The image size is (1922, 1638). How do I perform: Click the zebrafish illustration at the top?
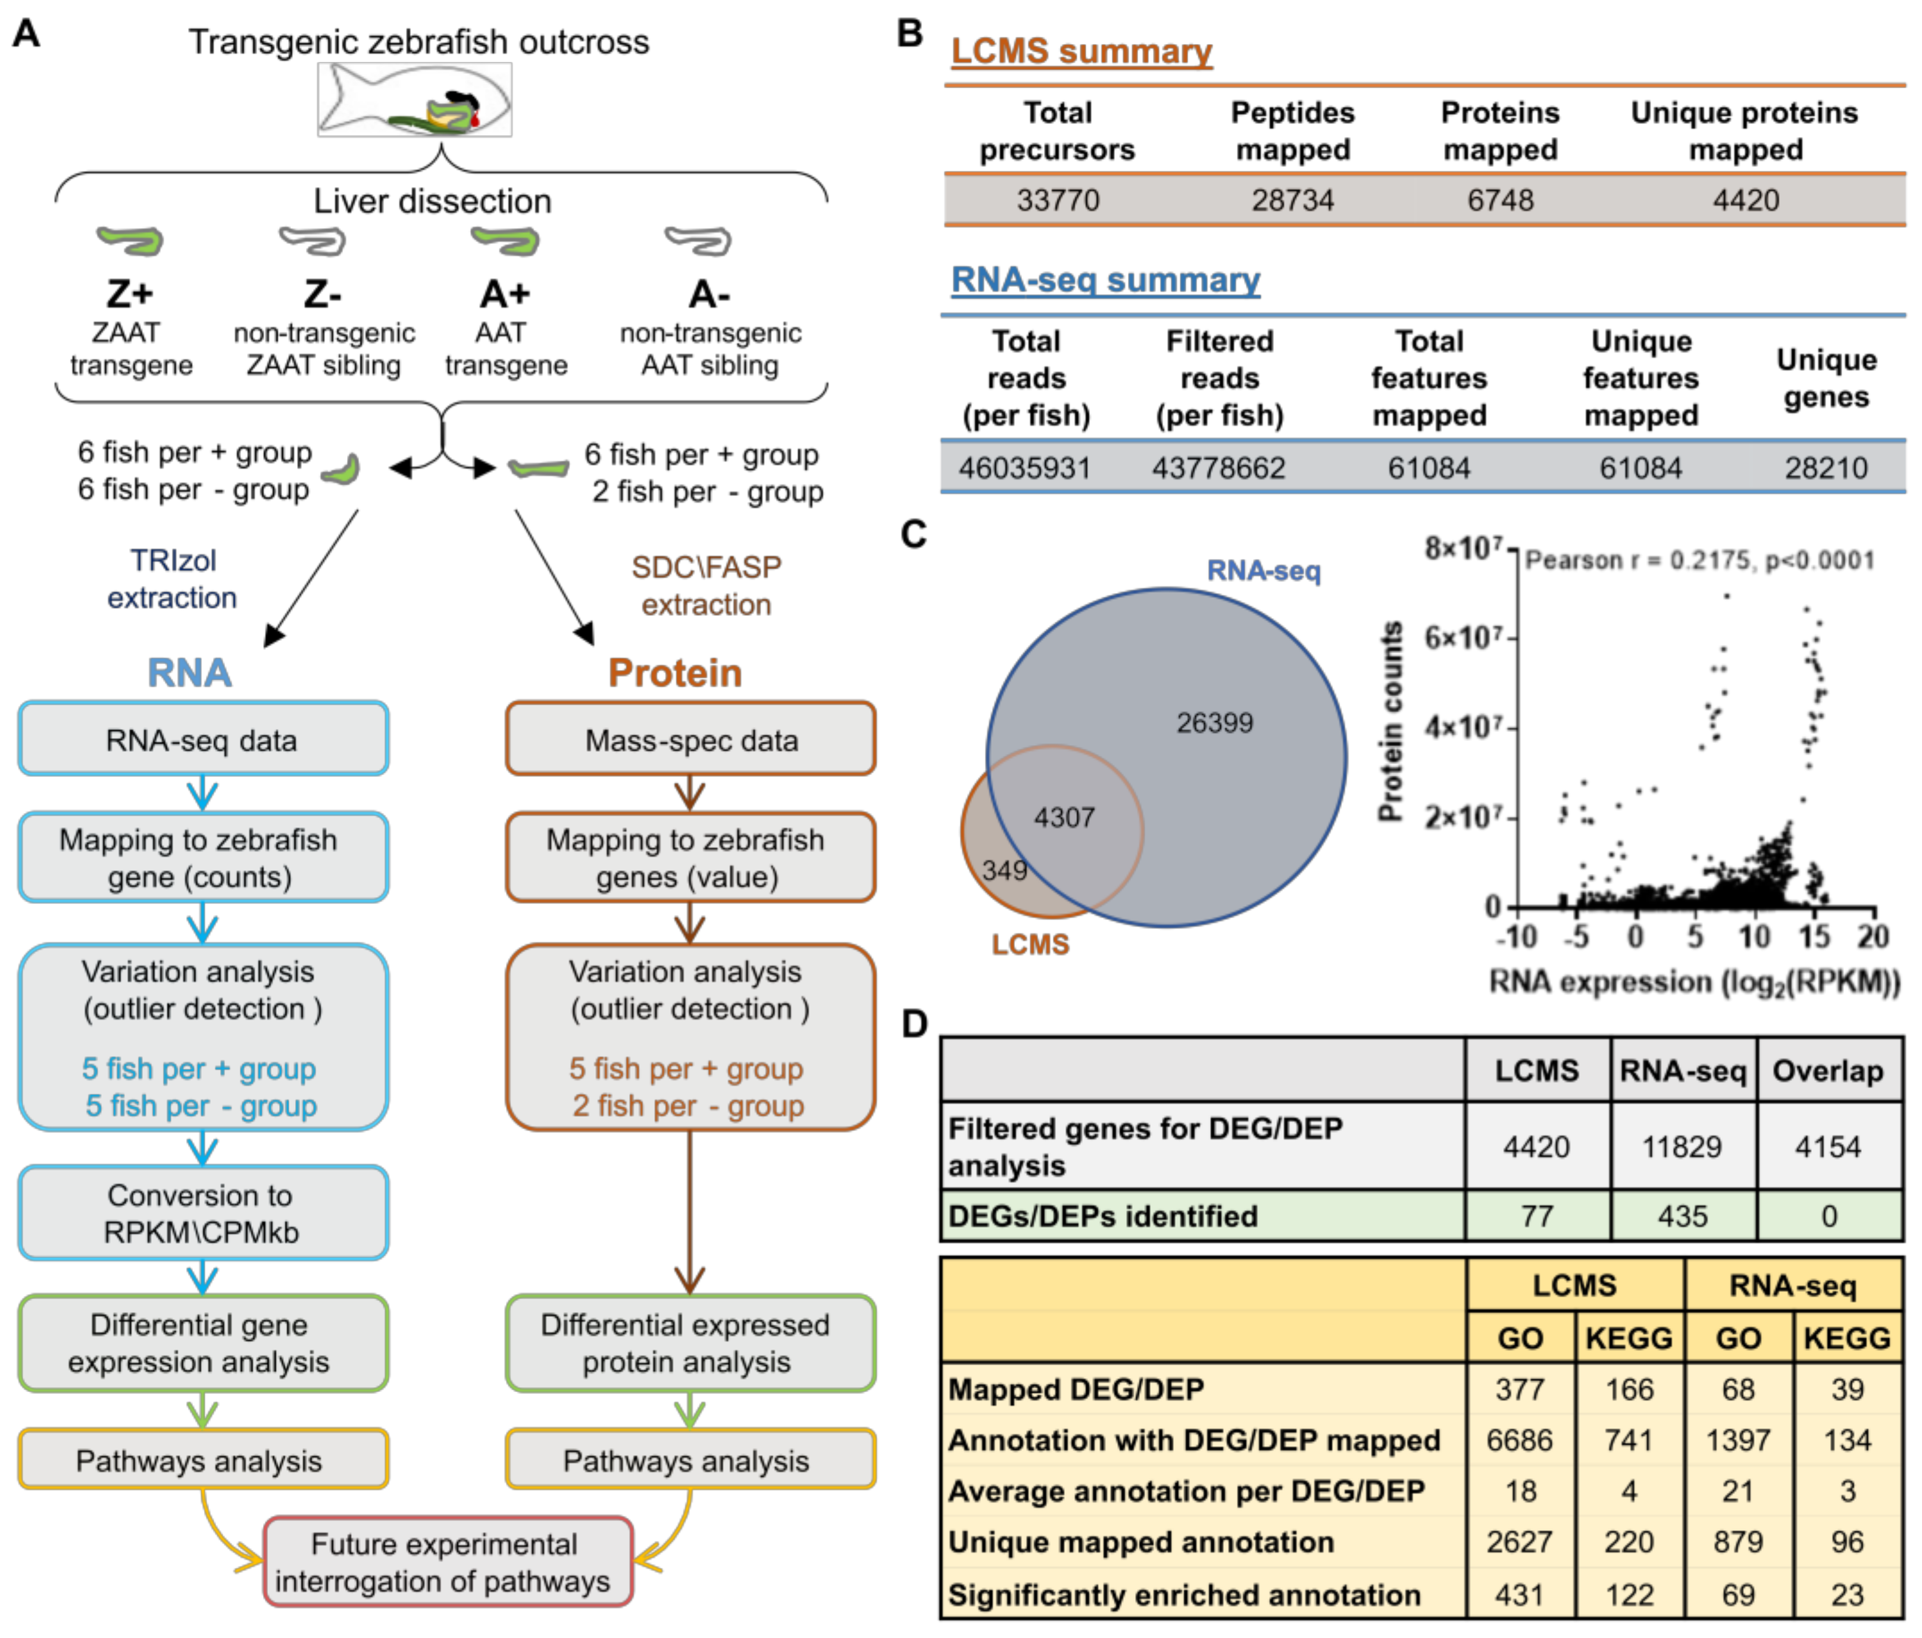415,99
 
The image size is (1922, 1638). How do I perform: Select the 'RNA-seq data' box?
203,739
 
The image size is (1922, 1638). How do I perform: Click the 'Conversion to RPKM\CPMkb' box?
203,1213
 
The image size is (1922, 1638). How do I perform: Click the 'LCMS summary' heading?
1082,51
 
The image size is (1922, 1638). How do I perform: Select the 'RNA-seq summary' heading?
1106,279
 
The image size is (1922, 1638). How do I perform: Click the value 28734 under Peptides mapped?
1292,200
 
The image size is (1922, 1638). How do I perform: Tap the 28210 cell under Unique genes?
1826,468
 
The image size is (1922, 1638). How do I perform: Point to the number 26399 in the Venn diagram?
1214,722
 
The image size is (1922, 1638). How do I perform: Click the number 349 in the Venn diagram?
1005,870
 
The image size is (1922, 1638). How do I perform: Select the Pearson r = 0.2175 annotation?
1699,560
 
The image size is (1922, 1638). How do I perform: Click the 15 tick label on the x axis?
1814,936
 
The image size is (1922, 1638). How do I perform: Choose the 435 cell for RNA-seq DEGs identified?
1682,1216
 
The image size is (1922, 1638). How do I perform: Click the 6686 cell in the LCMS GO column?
1520,1440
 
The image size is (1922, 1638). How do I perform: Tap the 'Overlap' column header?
1827,1070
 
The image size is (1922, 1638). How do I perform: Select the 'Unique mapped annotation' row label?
1141,1542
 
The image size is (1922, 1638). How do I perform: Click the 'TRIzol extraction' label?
173,578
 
